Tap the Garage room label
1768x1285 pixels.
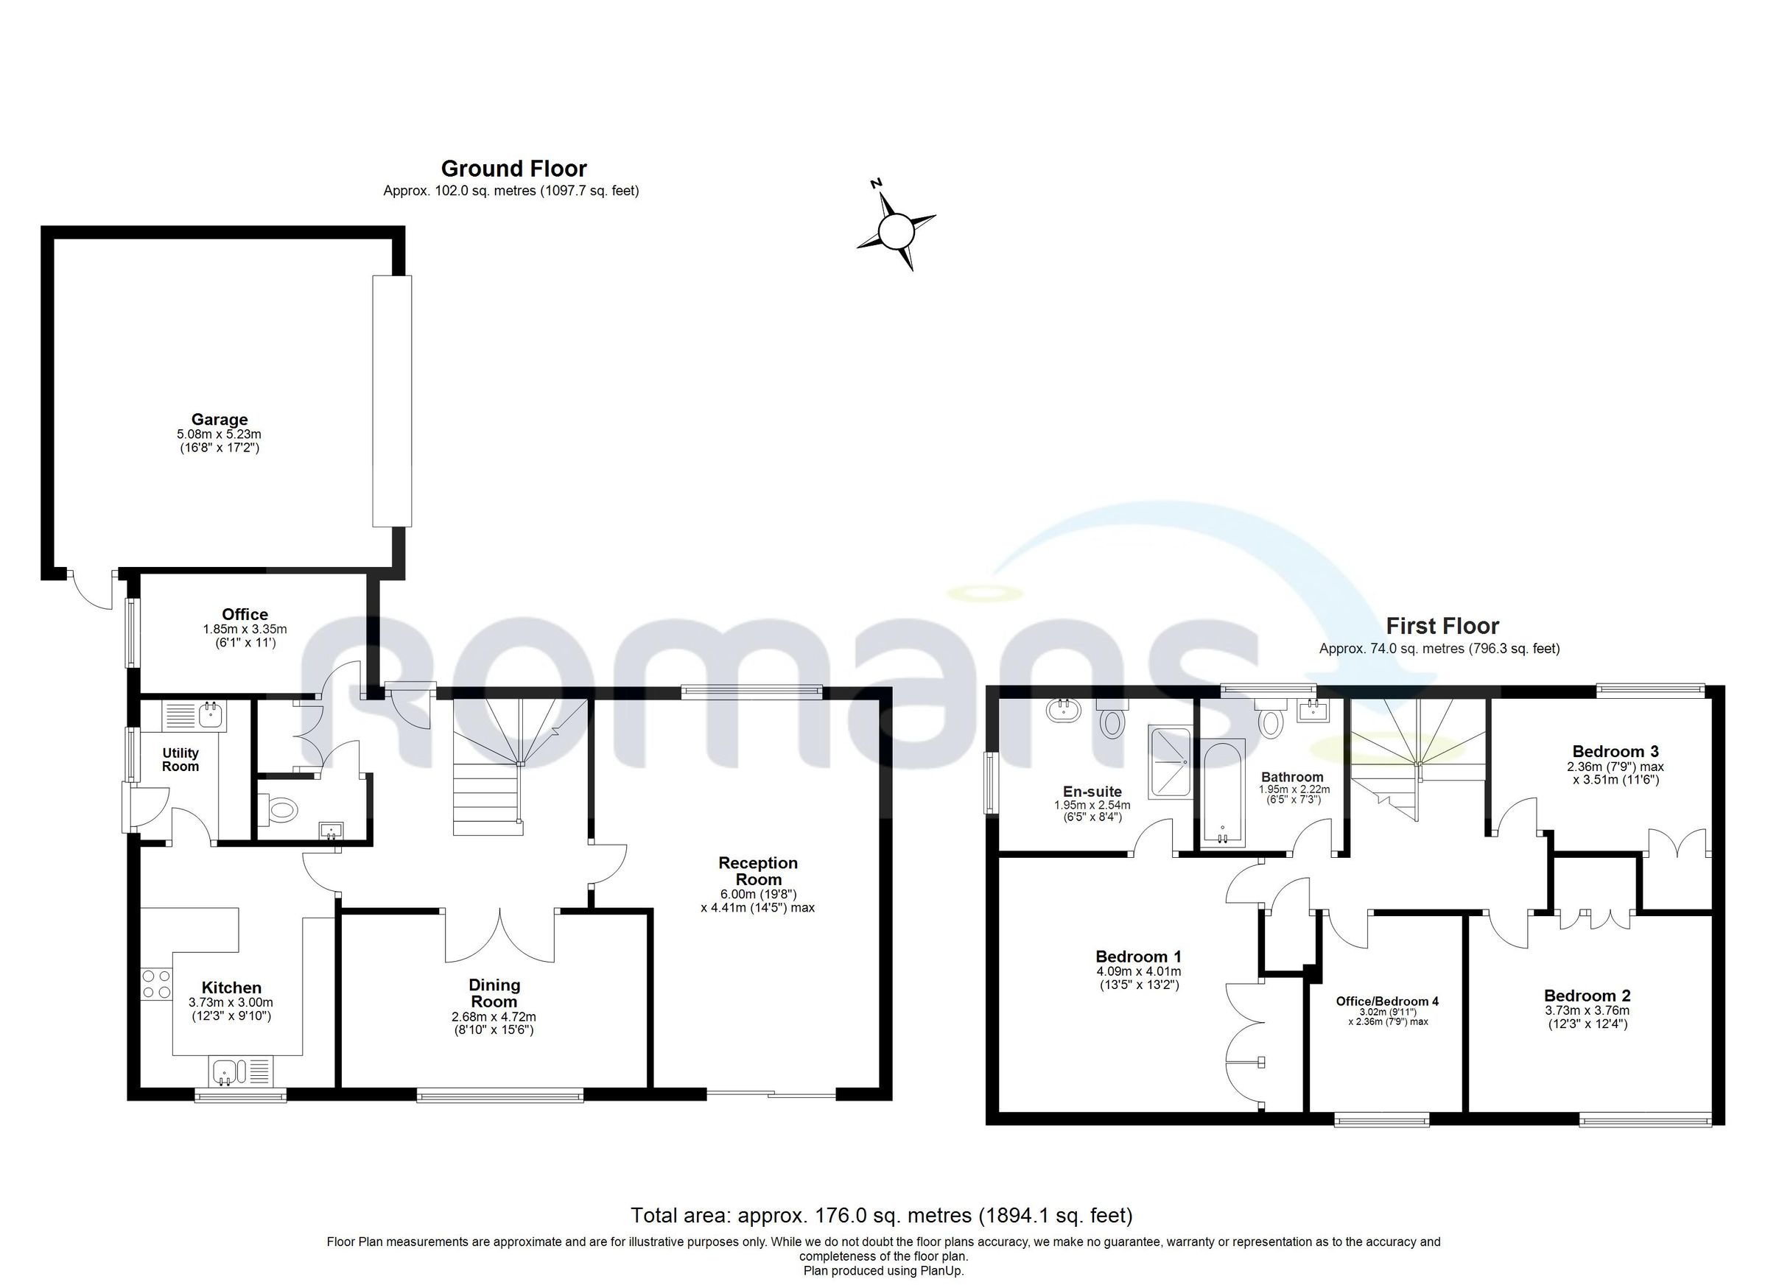(x=219, y=419)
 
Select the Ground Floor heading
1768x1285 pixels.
(x=513, y=169)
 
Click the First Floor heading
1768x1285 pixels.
(x=1442, y=626)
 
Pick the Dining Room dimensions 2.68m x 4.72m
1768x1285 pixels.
(x=494, y=1017)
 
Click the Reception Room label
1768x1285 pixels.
(x=758, y=870)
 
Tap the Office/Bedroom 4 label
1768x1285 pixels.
(x=1387, y=1001)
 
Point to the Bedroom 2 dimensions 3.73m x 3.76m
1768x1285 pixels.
(x=1587, y=1011)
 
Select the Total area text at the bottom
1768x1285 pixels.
(x=881, y=1215)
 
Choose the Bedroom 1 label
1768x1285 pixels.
(x=1138, y=956)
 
